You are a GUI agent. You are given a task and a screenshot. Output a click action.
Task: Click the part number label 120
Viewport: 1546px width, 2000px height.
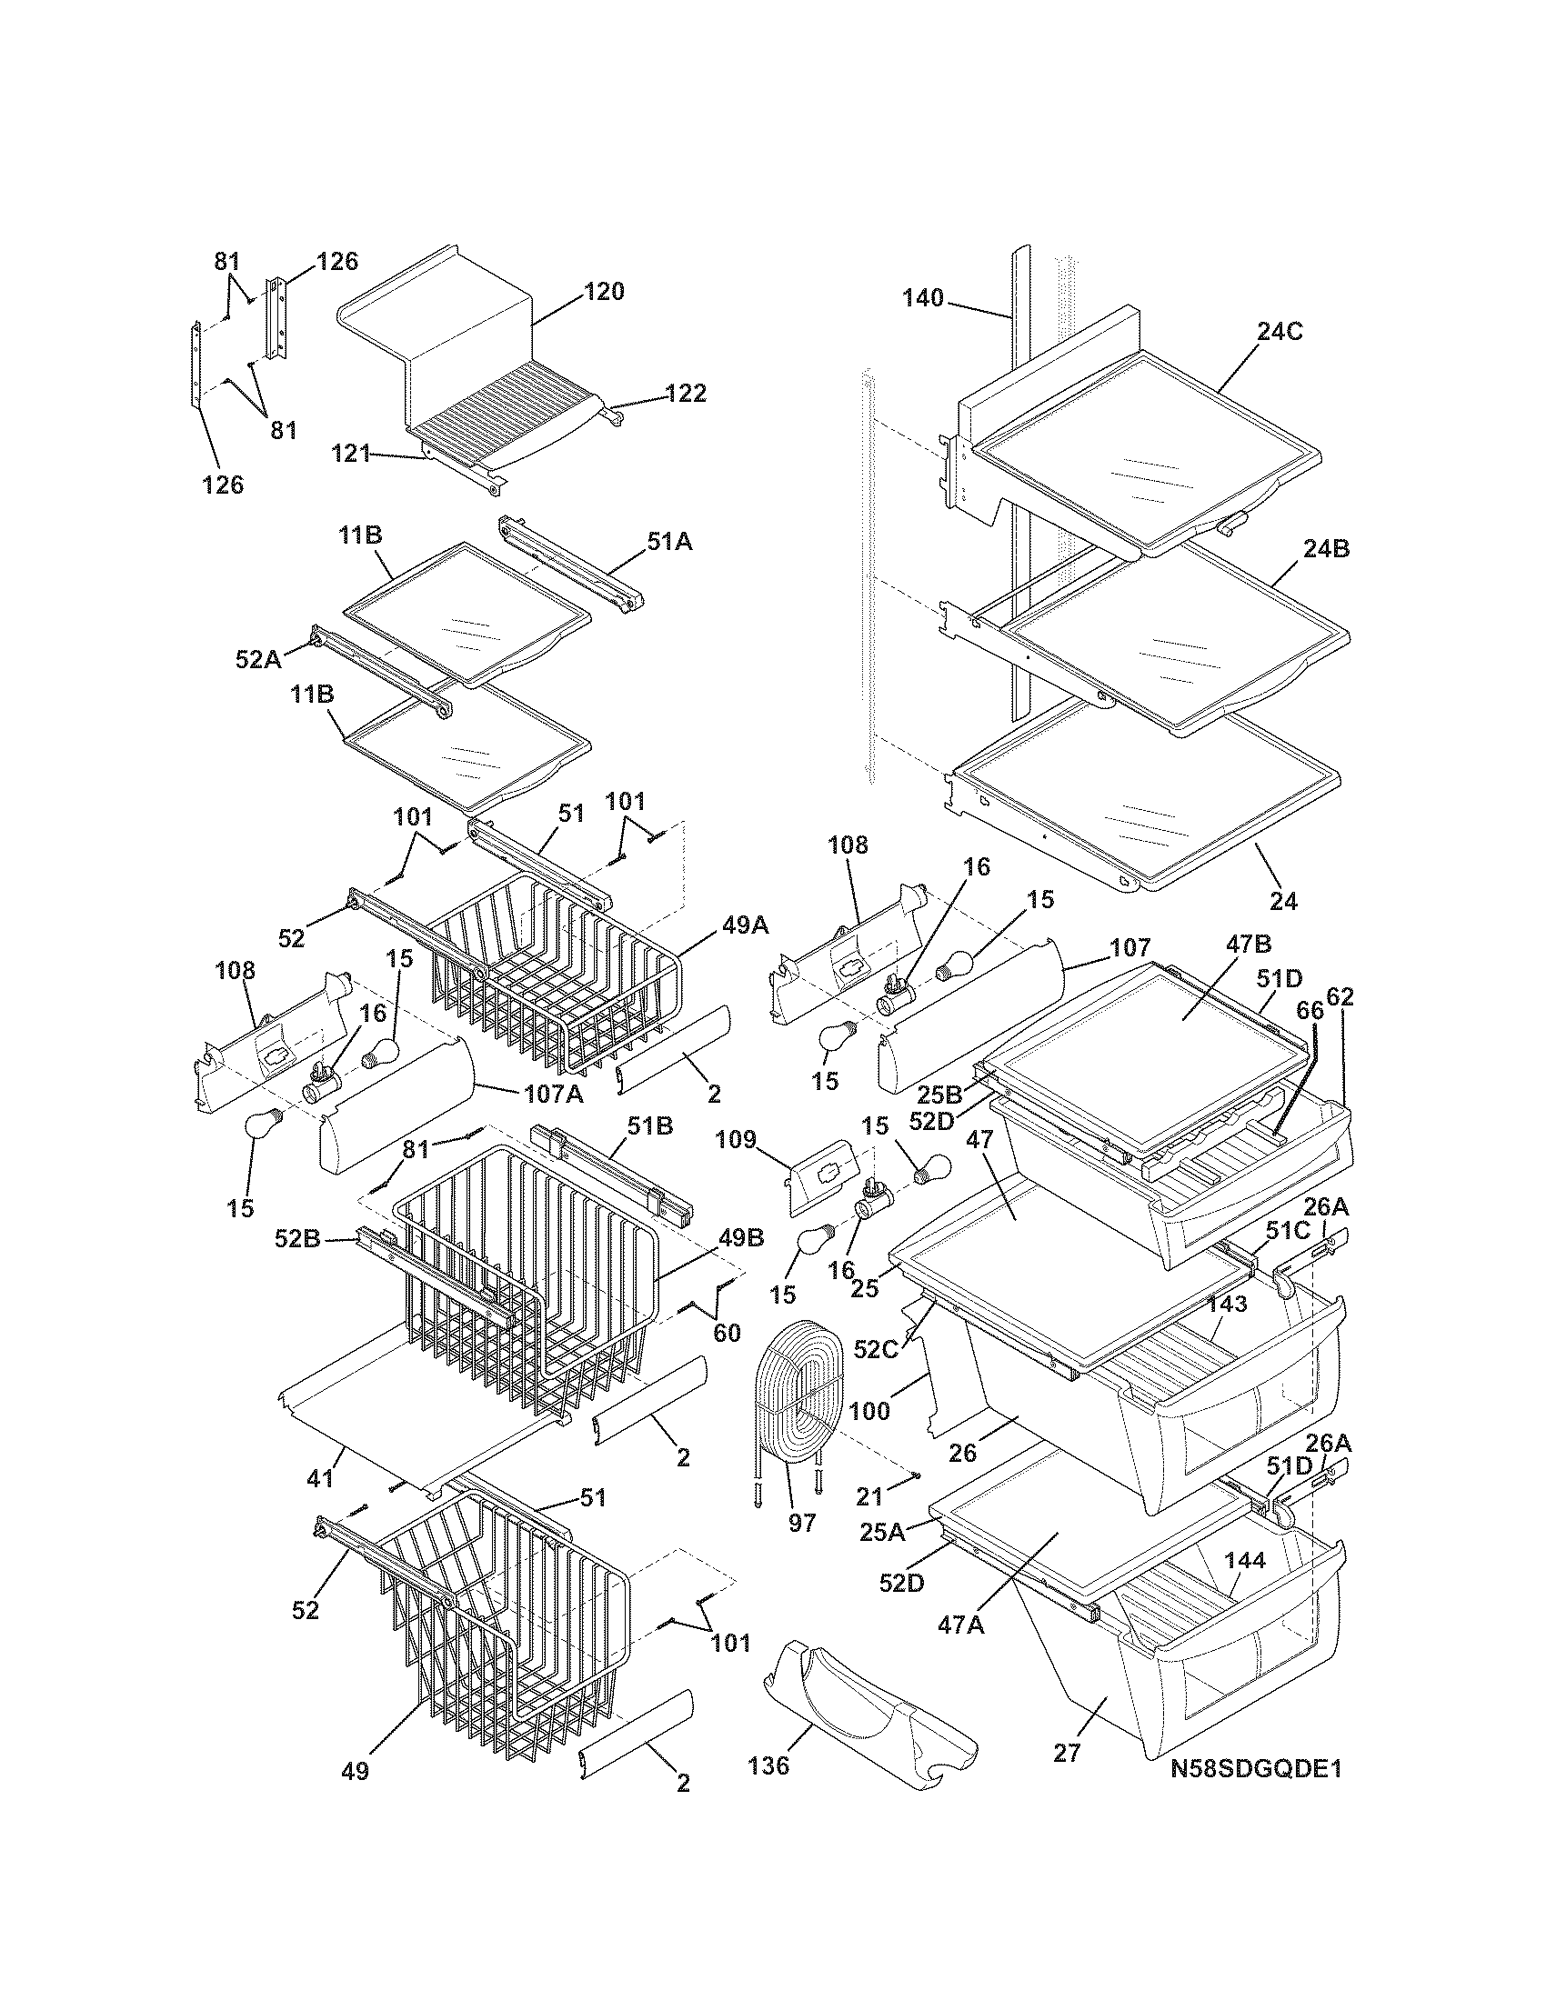coord(604,292)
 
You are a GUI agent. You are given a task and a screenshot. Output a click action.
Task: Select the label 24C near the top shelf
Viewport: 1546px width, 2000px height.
coord(1280,332)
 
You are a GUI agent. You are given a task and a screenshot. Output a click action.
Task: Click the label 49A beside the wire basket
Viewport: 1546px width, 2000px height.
coord(746,925)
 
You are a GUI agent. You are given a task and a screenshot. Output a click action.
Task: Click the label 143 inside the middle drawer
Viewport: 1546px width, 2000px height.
coord(1228,1304)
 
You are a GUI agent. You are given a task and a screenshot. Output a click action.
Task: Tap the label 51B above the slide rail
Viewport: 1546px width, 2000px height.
coord(649,1125)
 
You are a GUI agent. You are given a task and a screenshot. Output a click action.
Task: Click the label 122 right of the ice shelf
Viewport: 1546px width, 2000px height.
coord(685,394)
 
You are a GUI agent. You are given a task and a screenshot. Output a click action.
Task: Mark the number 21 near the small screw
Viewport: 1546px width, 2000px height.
coord(869,1496)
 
